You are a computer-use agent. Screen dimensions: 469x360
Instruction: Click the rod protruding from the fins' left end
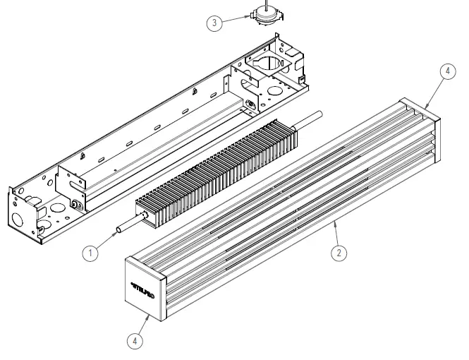127,227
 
